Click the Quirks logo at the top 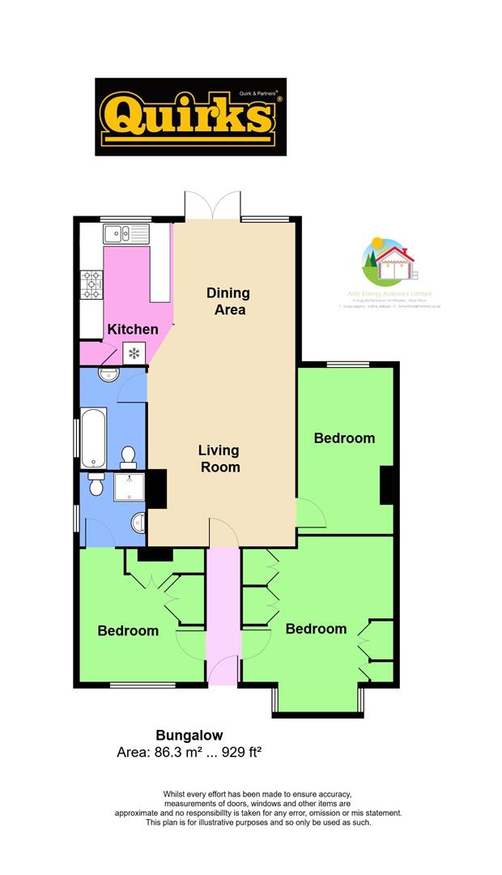191,117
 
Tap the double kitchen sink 127,235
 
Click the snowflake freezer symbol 134,352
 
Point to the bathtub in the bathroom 95,438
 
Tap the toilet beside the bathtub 127,458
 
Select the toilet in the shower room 96,485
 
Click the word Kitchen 134,330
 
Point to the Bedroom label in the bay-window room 316,629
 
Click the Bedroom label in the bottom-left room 128,630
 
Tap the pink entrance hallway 222,616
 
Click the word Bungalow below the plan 189,736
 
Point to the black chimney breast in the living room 156,488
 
